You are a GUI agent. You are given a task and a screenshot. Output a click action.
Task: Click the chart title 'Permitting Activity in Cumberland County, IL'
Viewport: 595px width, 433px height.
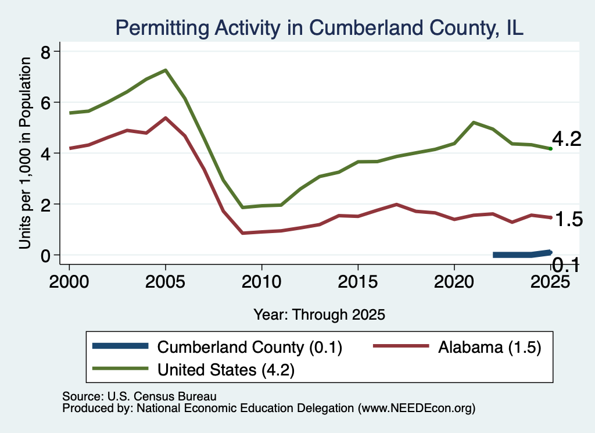click(x=319, y=28)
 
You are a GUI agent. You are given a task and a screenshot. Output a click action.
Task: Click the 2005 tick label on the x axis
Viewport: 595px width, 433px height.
click(x=165, y=281)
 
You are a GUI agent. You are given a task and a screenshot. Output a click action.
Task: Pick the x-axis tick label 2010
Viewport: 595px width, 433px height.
click(x=261, y=281)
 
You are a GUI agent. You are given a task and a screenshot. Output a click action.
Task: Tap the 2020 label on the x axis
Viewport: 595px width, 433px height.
click(x=454, y=281)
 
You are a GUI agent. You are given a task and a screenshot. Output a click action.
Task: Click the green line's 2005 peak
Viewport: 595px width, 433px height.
click(x=166, y=70)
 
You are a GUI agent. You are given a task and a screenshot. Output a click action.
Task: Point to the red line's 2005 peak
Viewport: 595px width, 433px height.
click(x=166, y=118)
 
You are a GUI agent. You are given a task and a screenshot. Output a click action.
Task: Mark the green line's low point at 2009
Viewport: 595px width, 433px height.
click(x=242, y=207)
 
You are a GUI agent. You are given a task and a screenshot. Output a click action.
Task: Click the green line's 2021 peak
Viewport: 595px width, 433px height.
click(x=474, y=123)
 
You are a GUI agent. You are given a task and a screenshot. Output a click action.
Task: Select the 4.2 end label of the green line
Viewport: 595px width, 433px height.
click(x=567, y=139)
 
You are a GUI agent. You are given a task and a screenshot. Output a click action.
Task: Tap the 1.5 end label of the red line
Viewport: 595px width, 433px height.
click(x=569, y=219)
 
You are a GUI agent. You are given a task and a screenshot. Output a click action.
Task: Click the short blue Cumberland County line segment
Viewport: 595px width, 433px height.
click(x=522, y=254)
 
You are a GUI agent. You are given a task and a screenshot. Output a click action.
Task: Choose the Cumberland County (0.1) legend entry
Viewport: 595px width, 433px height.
click(x=217, y=347)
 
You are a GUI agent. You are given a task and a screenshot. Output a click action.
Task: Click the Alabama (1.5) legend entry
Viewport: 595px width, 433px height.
click(x=457, y=347)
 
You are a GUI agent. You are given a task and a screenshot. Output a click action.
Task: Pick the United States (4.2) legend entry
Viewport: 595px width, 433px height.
click(x=193, y=369)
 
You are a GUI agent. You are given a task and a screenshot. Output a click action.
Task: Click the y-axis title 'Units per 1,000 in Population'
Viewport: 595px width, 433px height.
click(x=25, y=153)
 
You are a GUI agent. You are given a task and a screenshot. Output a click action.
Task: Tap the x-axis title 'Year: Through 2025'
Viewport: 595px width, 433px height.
click(x=319, y=314)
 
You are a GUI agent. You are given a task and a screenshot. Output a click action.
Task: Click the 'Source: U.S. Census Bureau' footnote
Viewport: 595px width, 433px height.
click(x=139, y=396)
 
